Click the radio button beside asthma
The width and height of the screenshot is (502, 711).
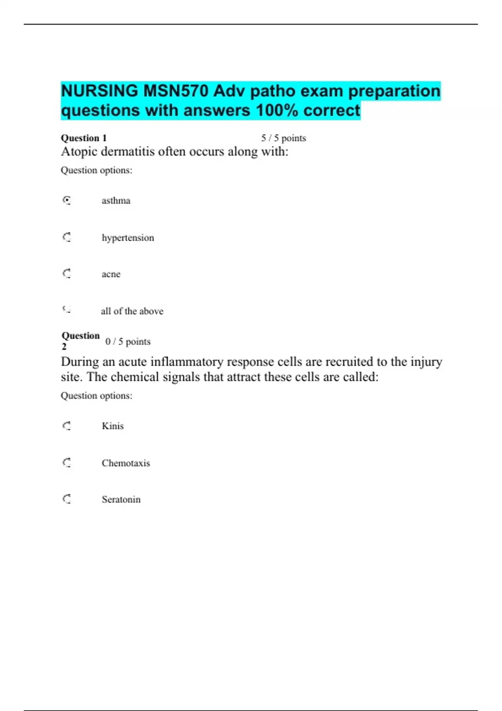(67, 200)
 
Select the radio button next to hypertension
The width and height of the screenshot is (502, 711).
(67, 238)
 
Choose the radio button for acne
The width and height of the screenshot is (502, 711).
(67, 274)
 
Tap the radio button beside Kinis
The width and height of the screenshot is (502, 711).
(67, 426)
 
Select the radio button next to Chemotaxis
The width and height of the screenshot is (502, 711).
(67, 463)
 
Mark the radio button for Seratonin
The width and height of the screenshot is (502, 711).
(67, 499)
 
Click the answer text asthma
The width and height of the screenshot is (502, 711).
(116, 201)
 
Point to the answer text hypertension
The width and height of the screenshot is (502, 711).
(128, 238)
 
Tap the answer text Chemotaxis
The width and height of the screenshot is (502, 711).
(125, 463)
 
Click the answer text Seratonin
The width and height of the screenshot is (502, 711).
(121, 499)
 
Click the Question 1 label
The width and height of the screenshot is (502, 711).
(84, 138)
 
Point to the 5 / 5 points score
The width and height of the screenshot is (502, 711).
(283, 138)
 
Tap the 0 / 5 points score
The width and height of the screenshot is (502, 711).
(128, 342)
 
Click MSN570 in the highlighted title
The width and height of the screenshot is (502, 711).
(176, 91)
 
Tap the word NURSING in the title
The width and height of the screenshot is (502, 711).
(100, 91)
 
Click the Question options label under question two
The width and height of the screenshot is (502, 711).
(96, 396)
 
